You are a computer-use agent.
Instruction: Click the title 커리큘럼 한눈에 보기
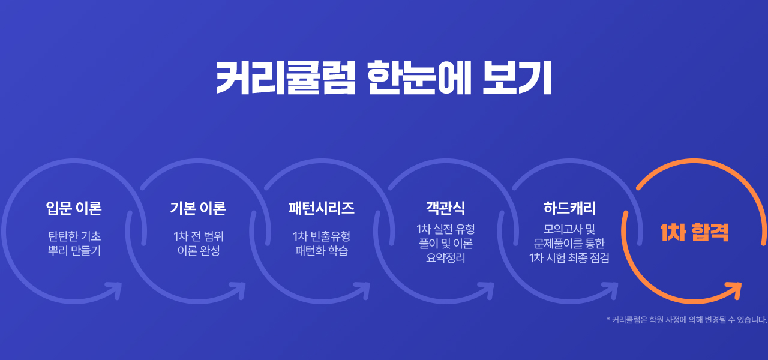tap(383, 78)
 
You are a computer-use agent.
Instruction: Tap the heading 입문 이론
tap(74, 208)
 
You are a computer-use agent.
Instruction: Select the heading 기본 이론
tap(198, 208)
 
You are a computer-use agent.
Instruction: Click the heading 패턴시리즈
tap(321, 208)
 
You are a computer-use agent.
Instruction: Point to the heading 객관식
tap(445, 208)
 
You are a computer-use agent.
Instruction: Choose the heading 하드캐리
tap(569, 208)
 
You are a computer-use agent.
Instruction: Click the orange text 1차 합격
tap(694, 233)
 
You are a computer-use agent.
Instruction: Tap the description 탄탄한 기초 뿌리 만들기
tap(74, 244)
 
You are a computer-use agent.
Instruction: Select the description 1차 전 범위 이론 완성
tap(199, 244)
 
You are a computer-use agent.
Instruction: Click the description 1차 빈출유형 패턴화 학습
tap(322, 244)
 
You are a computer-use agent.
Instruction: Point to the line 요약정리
tap(445, 258)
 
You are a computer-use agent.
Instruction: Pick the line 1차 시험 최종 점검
tap(569, 258)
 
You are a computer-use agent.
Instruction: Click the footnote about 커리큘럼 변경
tap(687, 320)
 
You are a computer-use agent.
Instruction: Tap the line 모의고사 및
tap(569, 229)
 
